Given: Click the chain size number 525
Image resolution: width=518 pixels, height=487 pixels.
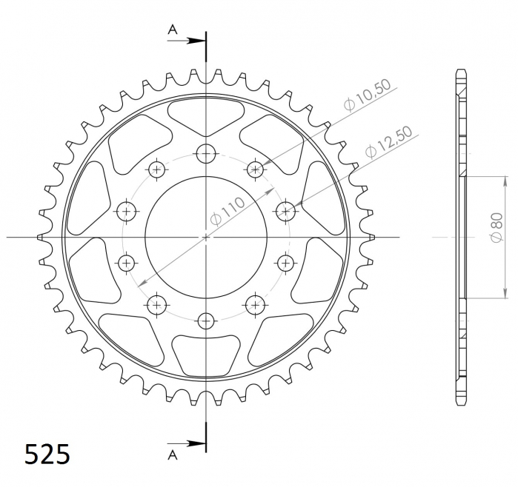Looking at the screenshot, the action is [x=47, y=454].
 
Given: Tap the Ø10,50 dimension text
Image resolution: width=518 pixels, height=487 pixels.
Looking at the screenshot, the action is [x=367, y=95].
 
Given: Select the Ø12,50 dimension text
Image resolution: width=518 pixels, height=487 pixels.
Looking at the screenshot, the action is [x=389, y=142].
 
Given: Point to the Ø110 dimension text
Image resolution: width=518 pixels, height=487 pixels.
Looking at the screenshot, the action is [x=228, y=211].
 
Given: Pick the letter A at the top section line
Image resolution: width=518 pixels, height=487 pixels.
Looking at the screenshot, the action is [x=173, y=30].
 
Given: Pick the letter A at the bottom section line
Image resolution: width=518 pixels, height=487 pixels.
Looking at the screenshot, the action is [x=173, y=455].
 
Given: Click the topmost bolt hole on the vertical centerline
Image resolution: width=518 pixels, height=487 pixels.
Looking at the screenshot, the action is [x=206, y=153].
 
